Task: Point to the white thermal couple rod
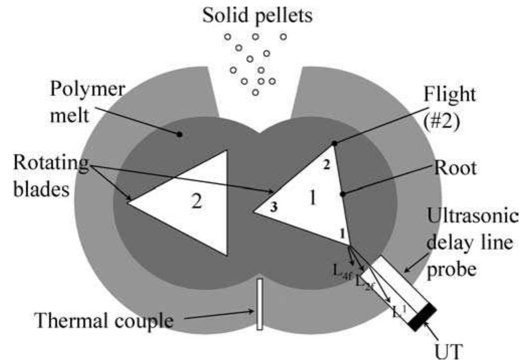click(x=259, y=304)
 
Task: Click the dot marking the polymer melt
click(x=179, y=134)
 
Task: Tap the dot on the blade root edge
click(x=342, y=194)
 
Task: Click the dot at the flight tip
click(x=334, y=144)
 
